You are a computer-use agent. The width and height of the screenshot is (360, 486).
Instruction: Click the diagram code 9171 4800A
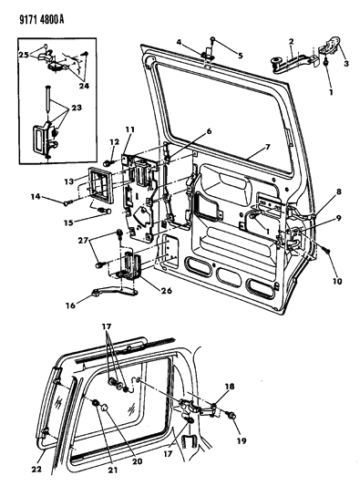41,20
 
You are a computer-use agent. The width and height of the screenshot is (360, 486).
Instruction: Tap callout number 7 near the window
267,147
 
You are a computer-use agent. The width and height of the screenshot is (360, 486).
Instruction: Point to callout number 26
166,291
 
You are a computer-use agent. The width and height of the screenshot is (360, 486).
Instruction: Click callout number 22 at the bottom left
36,469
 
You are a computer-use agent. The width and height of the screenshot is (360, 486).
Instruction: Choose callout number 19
241,440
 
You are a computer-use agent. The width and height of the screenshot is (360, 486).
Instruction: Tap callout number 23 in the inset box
77,108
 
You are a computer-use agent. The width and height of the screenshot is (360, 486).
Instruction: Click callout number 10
337,281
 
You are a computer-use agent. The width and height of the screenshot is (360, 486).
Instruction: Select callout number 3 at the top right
346,64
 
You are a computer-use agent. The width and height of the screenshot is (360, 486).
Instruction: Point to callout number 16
70,305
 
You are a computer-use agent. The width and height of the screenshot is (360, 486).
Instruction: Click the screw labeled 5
213,39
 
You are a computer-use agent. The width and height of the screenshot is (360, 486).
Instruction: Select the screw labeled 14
68,203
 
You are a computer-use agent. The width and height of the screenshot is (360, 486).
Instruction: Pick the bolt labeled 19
231,414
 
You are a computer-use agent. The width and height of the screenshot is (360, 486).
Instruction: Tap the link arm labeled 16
115,291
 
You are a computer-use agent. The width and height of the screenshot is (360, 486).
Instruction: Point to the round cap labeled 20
105,408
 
